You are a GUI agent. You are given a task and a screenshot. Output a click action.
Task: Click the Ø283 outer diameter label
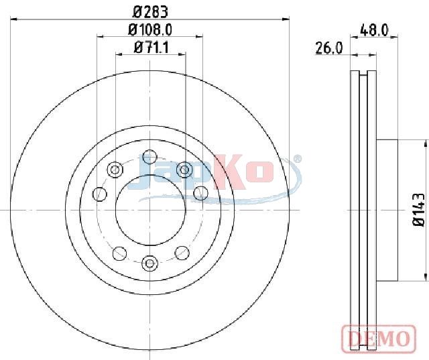150,12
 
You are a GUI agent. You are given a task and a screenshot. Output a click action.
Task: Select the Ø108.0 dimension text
150,29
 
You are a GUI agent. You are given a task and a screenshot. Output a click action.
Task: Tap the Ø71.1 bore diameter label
151,48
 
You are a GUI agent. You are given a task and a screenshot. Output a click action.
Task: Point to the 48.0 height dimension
374,30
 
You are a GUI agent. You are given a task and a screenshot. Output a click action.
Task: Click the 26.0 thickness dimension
328,48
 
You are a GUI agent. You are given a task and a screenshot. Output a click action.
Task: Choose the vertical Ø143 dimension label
418,210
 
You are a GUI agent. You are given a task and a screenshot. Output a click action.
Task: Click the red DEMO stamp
379,338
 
